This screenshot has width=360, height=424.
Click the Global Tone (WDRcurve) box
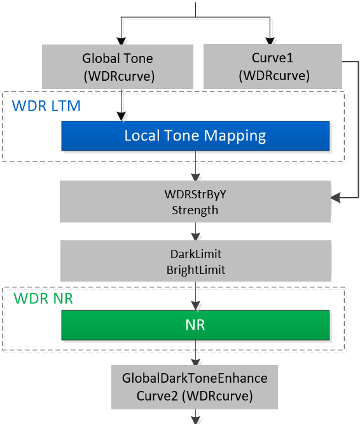click(118, 67)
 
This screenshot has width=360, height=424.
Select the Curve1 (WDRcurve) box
click(273, 66)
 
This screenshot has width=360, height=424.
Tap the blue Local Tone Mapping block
click(195, 136)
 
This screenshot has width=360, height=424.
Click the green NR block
click(195, 325)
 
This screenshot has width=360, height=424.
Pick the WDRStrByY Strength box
click(195, 202)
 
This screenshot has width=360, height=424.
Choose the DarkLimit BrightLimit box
click(196, 261)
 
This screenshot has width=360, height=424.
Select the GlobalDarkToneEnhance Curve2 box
click(195, 387)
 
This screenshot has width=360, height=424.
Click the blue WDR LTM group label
click(46, 106)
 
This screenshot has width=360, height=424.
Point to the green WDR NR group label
click(43, 299)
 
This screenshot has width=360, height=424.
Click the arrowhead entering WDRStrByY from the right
click(336, 198)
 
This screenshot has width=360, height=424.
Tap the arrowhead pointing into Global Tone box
click(121, 41)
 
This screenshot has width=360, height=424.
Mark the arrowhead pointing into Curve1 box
click(270, 41)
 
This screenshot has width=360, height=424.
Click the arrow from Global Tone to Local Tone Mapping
click(121, 105)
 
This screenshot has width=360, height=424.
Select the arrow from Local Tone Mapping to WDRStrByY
click(195, 166)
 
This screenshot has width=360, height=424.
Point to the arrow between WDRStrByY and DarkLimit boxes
click(195, 231)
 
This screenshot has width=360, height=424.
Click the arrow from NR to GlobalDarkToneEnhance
click(195, 353)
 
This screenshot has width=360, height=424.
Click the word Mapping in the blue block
click(235, 136)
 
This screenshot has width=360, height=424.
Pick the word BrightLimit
click(196, 270)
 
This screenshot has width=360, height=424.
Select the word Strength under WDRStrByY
click(195, 210)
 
